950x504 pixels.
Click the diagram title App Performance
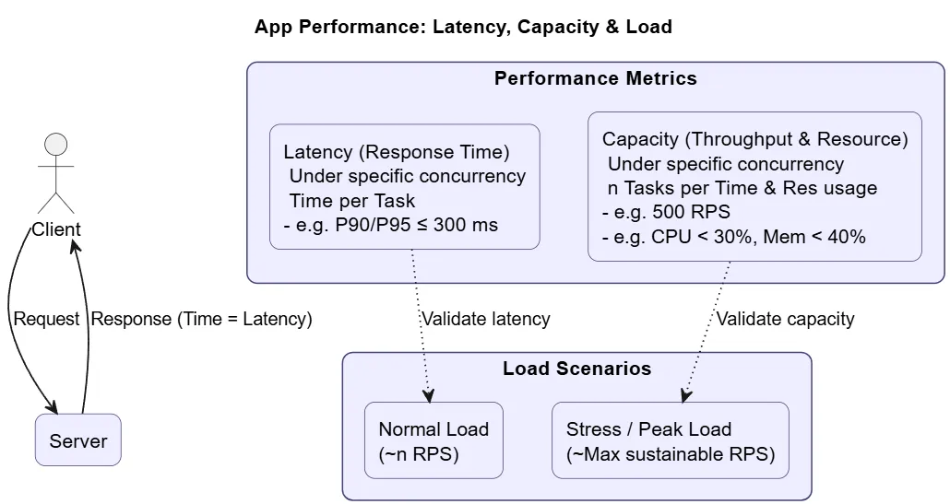pos(463,27)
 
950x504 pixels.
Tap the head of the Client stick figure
pos(56,145)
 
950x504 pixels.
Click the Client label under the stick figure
pos(56,229)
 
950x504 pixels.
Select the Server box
pos(78,440)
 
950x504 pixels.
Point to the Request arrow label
pos(46,319)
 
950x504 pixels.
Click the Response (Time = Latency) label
pos(202,319)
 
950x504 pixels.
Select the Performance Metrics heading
pos(595,78)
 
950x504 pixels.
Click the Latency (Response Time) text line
pos(397,152)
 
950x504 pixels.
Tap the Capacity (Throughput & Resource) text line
pos(754,139)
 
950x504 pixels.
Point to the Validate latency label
pos(485,319)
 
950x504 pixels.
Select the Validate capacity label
pos(785,319)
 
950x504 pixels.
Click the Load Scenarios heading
pos(576,369)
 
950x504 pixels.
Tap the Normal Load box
pos(433,440)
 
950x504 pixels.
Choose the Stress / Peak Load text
pos(648,429)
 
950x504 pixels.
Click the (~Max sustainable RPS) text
pos(671,454)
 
